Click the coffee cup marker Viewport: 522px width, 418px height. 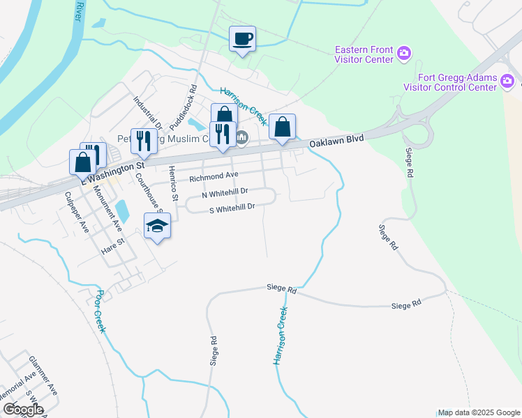click(x=242, y=39)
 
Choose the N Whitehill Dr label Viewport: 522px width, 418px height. click(x=225, y=194)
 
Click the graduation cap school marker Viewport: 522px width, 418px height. click(x=157, y=226)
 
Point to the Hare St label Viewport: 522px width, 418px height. click(x=112, y=244)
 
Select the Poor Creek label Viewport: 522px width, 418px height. click(x=100, y=311)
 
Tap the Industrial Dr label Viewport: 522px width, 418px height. click(x=148, y=112)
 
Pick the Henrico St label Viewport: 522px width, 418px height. click(x=176, y=184)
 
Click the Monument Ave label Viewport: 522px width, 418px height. click(x=107, y=209)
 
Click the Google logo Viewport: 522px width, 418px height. click(x=23, y=410)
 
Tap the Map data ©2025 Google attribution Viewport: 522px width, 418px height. click(x=479, y=412)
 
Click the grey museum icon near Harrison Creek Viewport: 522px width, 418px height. click(x=241, y=137)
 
